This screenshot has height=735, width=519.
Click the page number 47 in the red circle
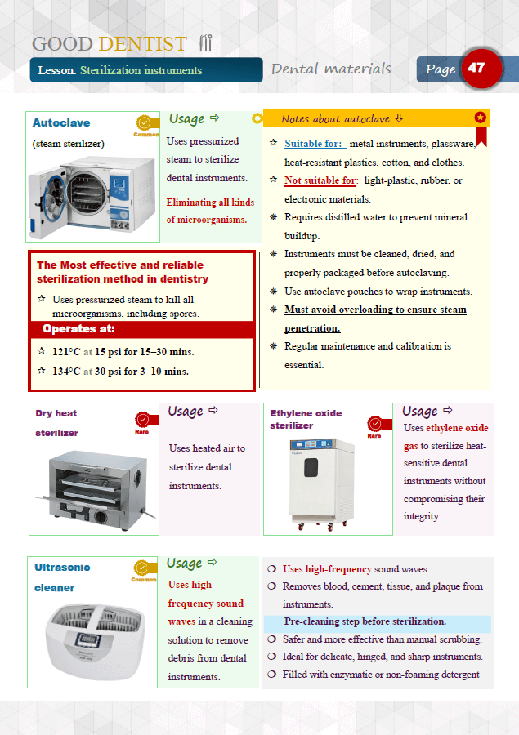[476, 68]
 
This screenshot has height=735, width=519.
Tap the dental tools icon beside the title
[206, 43]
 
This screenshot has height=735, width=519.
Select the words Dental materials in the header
[331, 69]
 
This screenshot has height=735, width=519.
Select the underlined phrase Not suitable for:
[320, 180]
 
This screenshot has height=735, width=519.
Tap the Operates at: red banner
[78, 329]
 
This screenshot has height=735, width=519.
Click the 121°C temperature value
[66, 352]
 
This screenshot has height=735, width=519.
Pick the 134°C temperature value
[66, 372]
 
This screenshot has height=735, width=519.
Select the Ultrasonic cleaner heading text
[62, 577]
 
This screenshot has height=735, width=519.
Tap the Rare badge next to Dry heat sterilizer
[142, 422]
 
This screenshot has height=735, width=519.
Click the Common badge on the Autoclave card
[145, 124]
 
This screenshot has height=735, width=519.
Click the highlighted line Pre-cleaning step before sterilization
[365, 622]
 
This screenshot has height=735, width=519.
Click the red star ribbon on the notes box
[481, 122]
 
